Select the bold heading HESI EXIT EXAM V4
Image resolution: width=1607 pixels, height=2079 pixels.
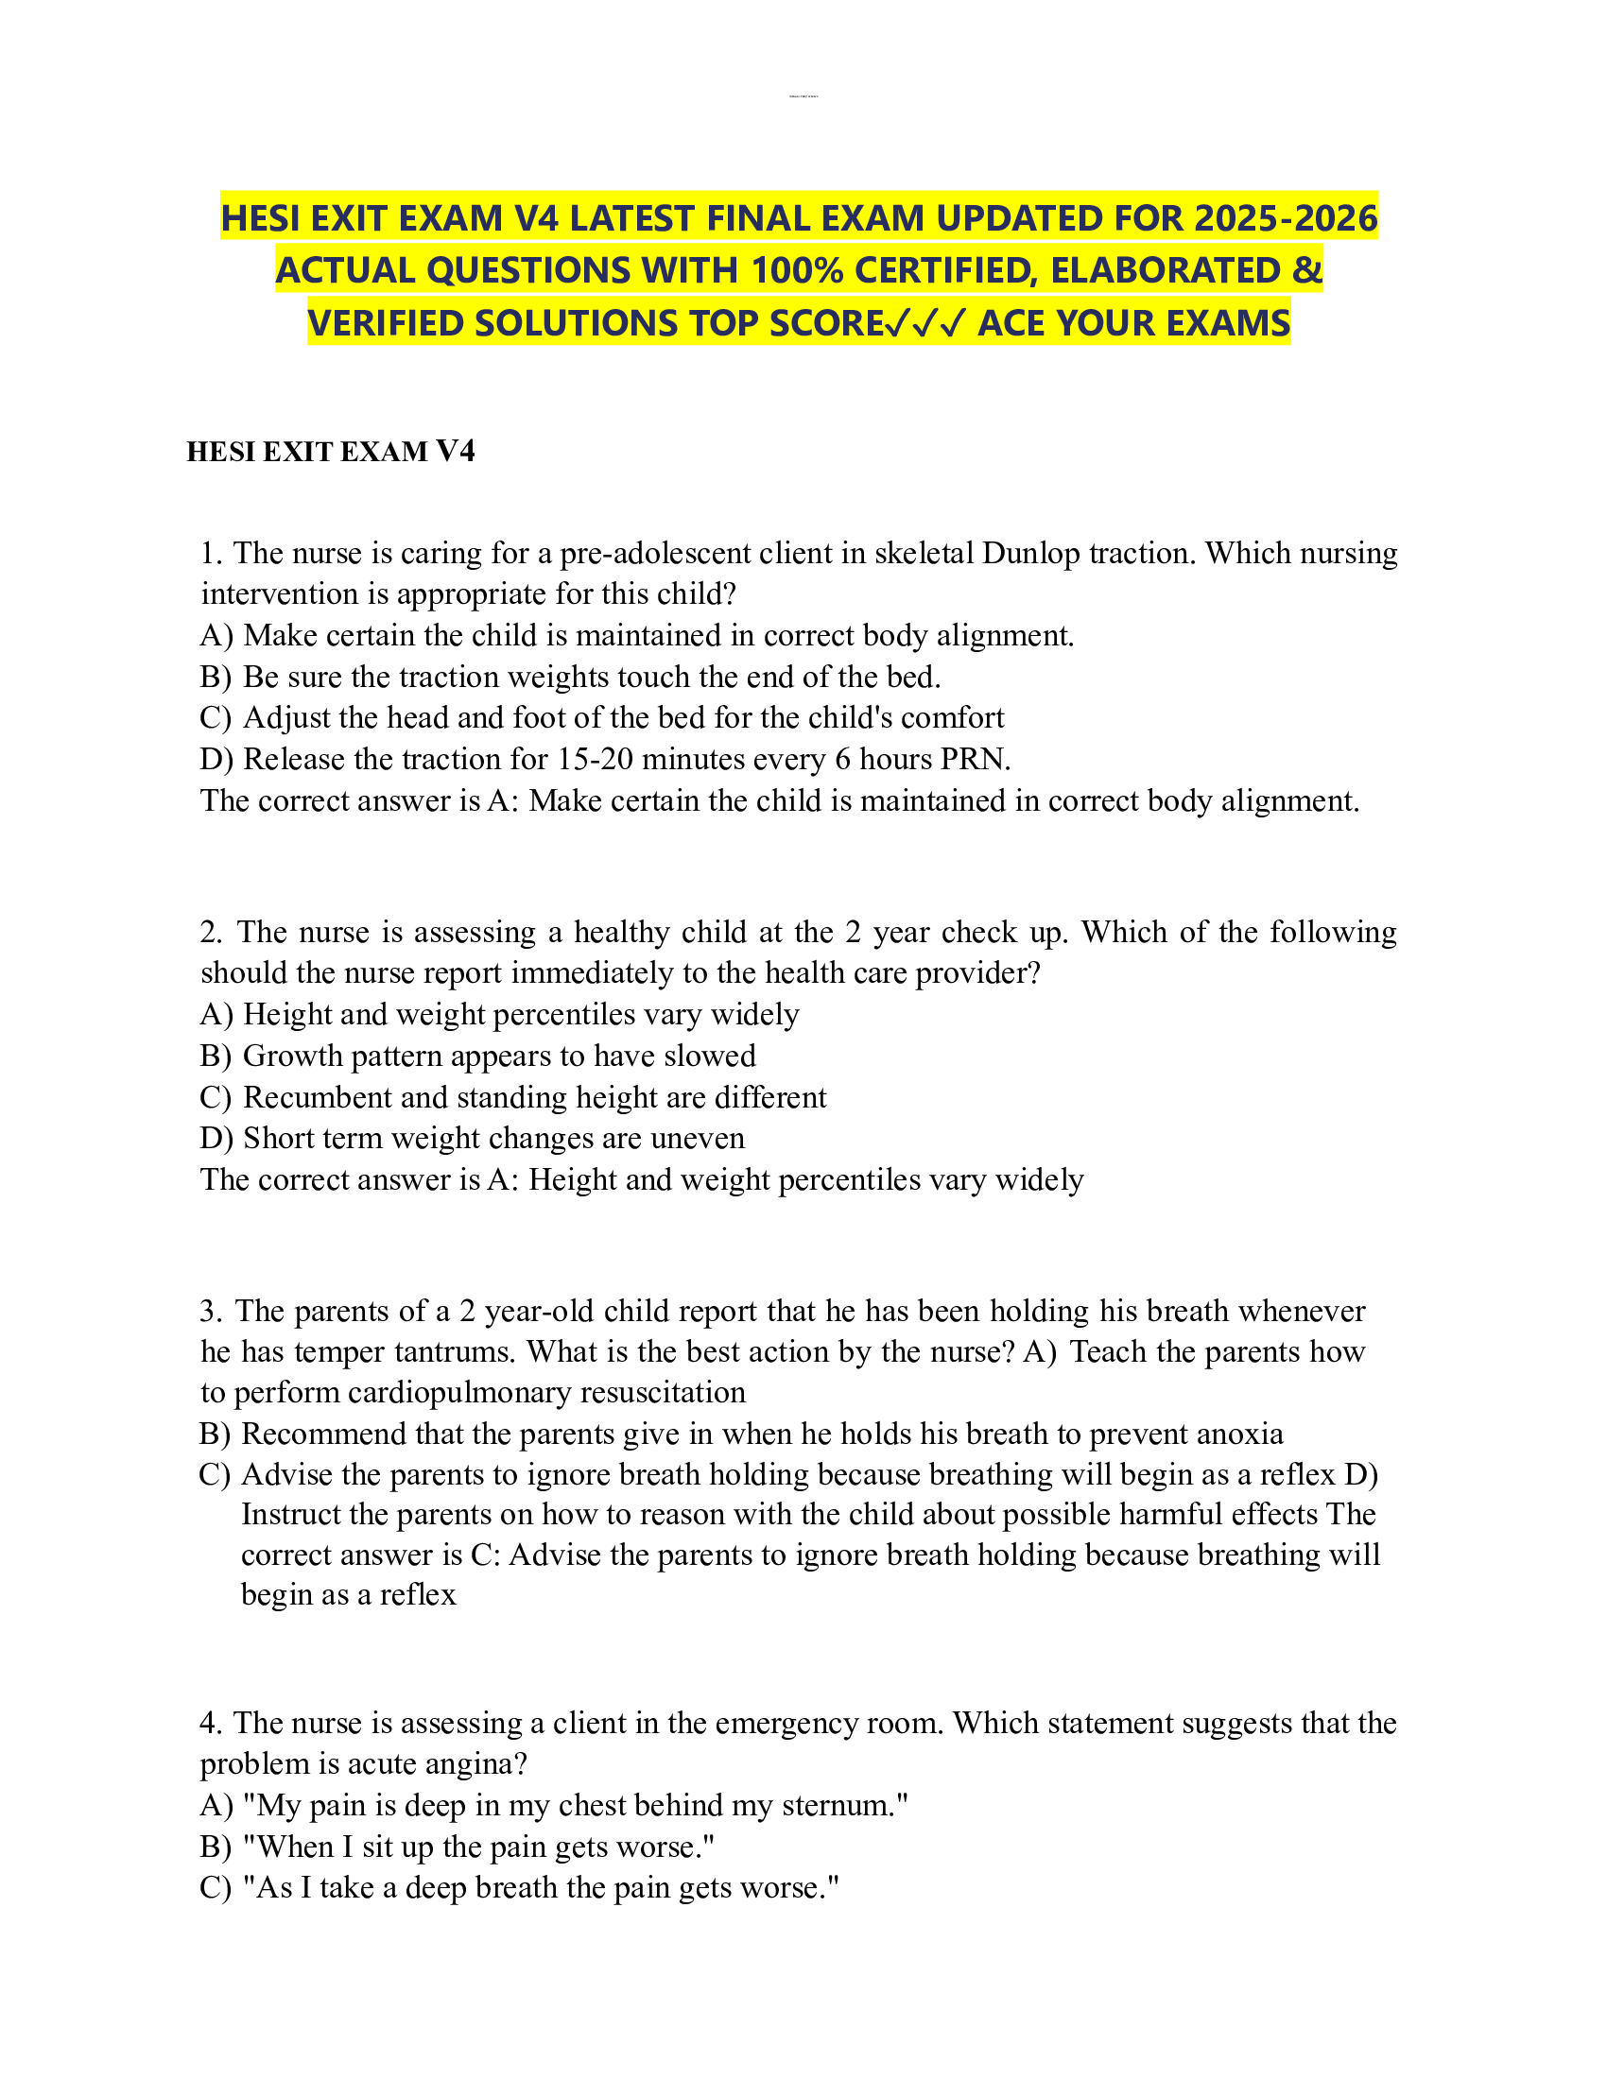pos(330,451)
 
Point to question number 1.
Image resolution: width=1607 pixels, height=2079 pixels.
pos(210,553)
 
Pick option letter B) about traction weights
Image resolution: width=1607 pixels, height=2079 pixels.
pos(216,677)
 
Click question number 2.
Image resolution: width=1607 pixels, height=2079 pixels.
pos(211,932)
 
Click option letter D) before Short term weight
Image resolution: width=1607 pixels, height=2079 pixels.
pos(216,1139)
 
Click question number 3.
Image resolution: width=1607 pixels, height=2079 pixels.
pos(210,1311)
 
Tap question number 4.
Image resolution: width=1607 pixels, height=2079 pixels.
pos(211,1723)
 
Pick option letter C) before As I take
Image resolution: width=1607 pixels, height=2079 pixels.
pos(216,1889)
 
